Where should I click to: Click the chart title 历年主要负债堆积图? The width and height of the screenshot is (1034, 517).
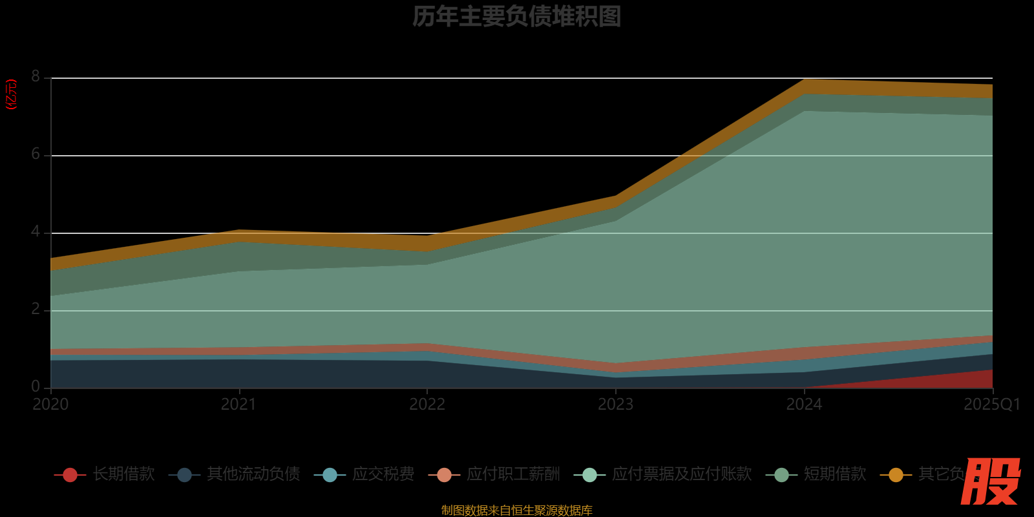click(516, 17)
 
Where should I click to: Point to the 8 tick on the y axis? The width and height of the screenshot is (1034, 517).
click(36, 77)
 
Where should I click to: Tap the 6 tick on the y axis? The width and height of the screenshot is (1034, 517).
click(36, 154)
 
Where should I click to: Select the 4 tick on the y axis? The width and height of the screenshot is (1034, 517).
click(36, 232)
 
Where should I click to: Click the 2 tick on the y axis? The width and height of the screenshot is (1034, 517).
click(36, 310)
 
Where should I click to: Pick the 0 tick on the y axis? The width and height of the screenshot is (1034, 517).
click(36, 387)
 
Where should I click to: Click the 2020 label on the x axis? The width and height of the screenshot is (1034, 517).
click(50, 405)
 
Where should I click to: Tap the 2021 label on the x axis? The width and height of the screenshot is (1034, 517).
click(238, 405)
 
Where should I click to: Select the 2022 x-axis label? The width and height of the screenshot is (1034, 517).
click(427, 405)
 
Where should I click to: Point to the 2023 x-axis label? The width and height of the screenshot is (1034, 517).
click(615, 405)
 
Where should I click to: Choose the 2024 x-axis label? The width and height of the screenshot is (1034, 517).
click(804, 405)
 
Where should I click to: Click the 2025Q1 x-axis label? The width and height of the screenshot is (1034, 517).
click(991, 405)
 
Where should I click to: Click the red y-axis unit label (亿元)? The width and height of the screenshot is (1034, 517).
click(11, 94)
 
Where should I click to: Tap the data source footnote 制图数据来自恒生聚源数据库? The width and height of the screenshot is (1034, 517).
click(516, 511)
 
